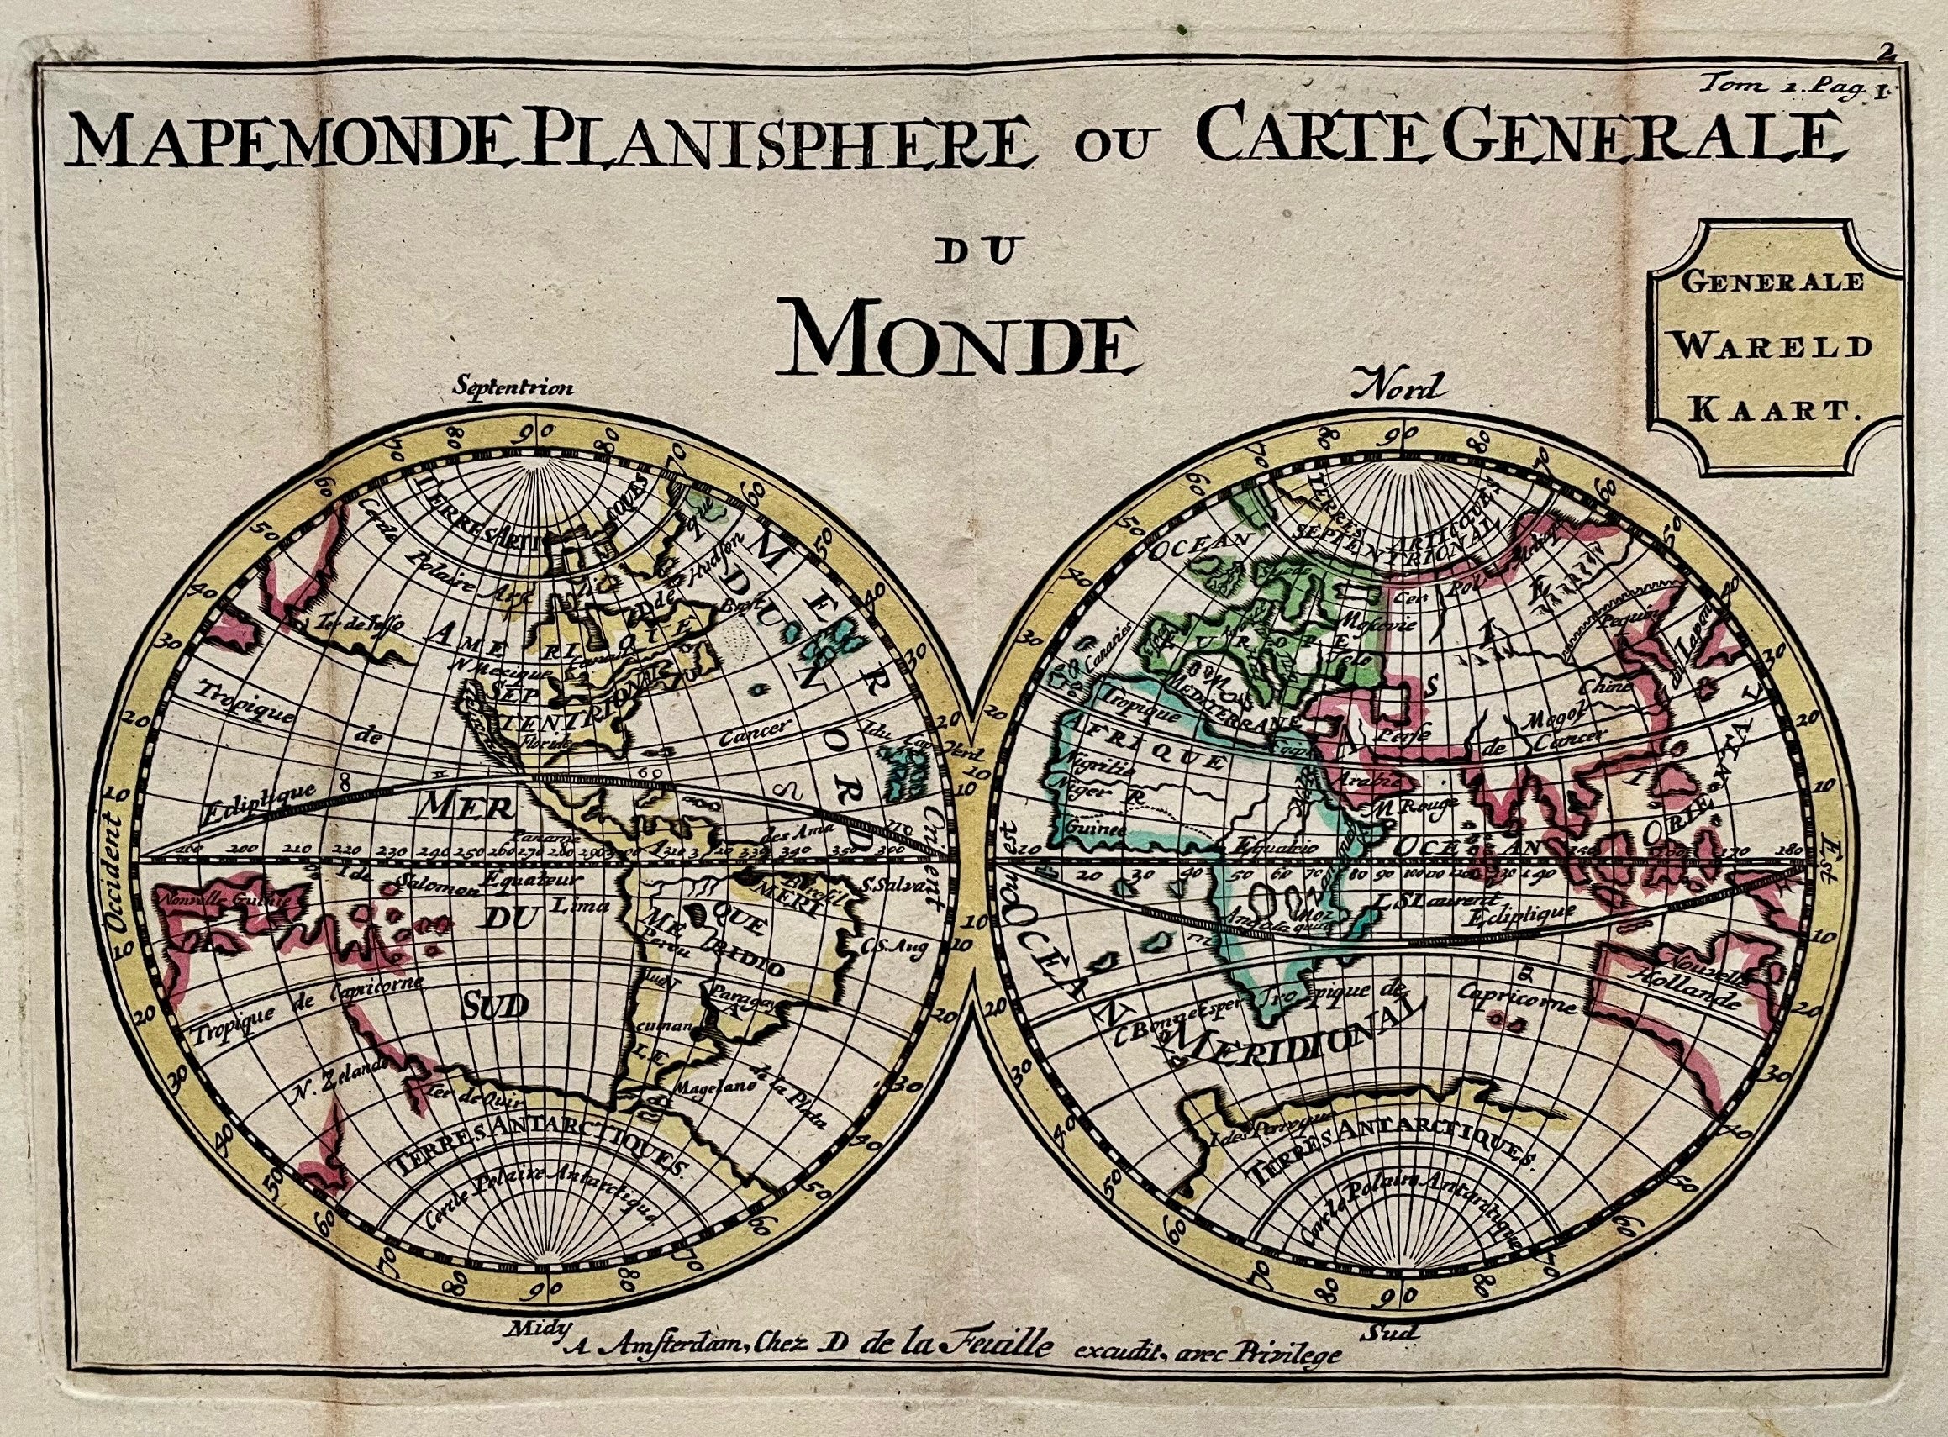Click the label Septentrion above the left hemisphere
coord(514,388)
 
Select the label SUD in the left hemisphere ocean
coord(494,1007)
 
